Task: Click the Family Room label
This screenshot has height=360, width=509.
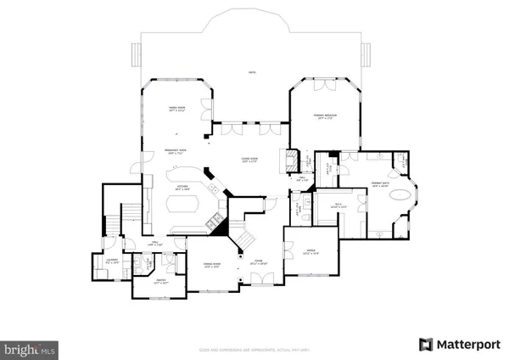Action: point(177,110)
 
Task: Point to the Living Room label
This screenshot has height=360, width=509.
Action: point(251,160)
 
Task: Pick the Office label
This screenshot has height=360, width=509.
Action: point(310,252)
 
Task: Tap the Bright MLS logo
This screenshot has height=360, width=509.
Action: point(30,348)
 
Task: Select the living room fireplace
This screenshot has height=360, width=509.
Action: point(291,160)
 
